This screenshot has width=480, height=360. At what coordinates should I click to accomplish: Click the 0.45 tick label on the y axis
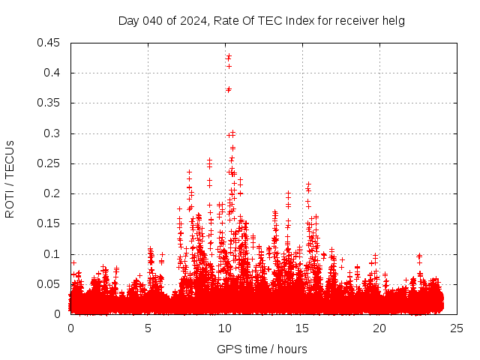(x=51, y=43)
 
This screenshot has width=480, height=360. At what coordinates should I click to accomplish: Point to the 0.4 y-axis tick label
(x=54, y=73)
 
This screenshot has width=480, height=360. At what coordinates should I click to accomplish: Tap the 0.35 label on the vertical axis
(x=51, y=103)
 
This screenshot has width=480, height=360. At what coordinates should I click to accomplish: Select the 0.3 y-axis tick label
(x=54, y=133)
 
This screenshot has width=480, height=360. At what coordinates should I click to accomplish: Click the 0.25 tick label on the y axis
(x=51, y=163)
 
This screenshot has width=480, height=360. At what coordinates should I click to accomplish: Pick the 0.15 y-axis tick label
(x=51, y=224)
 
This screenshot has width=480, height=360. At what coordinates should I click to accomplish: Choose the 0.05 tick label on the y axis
(x=51, y=284)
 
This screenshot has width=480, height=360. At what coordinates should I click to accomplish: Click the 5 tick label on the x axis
(x=148, y=328)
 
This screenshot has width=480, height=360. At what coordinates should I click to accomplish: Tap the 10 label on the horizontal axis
(x=225, y=328)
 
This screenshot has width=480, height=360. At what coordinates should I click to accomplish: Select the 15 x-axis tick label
(x=302, y=328)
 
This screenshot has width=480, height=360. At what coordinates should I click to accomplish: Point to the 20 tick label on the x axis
(x=379, y=328)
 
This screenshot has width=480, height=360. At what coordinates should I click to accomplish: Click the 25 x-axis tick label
(x=457, y=328)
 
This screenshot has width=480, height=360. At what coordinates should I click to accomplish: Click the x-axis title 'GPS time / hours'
(x=262, y=349)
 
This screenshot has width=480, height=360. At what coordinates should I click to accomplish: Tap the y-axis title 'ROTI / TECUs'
(x=10, y=178)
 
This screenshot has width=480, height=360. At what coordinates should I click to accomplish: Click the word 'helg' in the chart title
(x=394, y=20)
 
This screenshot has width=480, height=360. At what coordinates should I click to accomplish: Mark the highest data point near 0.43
(x=229, y=55)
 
